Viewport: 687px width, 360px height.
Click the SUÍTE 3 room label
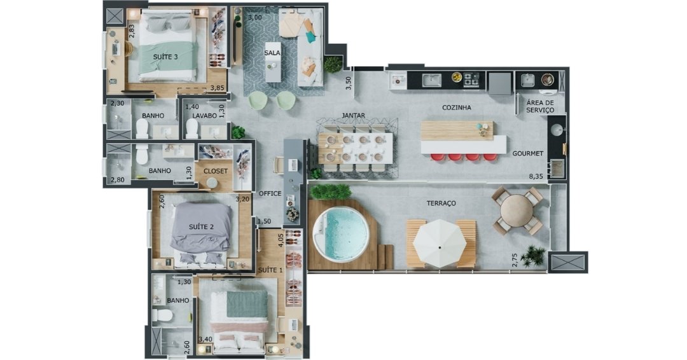165,57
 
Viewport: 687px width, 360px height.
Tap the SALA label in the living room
272,53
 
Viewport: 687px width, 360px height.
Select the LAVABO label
205,116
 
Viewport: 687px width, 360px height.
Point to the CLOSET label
216,171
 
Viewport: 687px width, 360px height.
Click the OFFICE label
270,193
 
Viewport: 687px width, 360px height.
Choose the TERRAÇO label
441,203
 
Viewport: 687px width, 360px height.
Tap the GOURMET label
528,153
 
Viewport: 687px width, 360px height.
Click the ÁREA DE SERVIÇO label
540,106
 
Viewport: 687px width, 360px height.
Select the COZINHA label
457,107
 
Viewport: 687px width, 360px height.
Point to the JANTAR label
354,116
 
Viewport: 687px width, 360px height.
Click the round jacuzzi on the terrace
341,234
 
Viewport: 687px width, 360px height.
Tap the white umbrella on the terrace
440,246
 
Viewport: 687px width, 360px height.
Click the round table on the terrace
517,211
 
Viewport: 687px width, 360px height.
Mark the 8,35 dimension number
536,176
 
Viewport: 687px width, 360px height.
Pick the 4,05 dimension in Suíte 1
281,240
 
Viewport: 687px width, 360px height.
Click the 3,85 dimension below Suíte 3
218,88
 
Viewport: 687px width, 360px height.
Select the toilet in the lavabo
192,128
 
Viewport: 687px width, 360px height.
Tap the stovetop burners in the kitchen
471,80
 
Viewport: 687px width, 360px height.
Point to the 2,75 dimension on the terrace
515,260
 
